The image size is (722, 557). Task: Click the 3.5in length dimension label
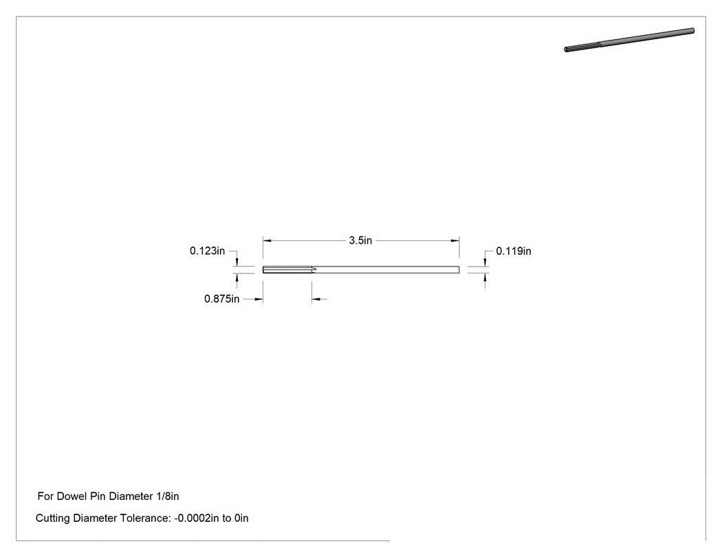click(x=360, y=240)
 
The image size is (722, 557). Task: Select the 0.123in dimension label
click(x=207, y=251)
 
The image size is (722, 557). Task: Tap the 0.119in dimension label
click(x=514, y=251)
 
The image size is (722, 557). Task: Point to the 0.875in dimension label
click(x=221, y=299)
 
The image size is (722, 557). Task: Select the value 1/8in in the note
click(x=168, y=497)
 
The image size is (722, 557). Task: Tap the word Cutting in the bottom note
click(x=53, y=519)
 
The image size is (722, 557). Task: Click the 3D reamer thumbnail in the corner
click(x=629, y=40)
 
